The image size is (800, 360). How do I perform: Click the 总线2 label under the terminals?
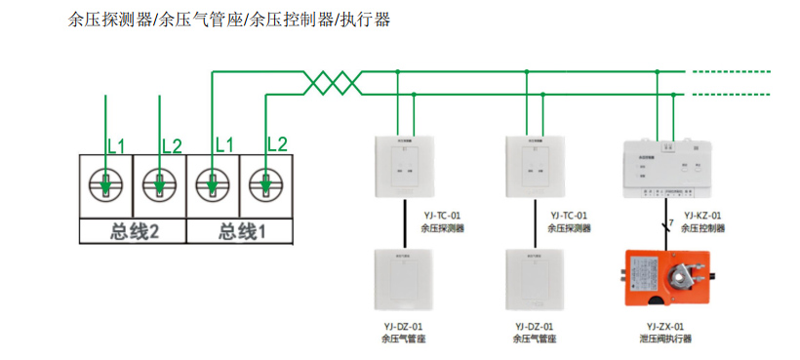click(x=133, y=231)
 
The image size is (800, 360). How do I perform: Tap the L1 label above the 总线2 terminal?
click(x=116, y=146)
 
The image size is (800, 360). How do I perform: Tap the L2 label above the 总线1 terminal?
click(x=277, y=144)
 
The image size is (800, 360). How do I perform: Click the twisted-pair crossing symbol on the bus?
click(x=333, y=82)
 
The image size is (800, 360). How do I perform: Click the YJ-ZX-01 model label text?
click(x=664, y=327)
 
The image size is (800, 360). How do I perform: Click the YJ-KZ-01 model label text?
click(x=702, y=216)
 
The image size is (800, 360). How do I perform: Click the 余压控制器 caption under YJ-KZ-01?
click(x=702, y=228)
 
